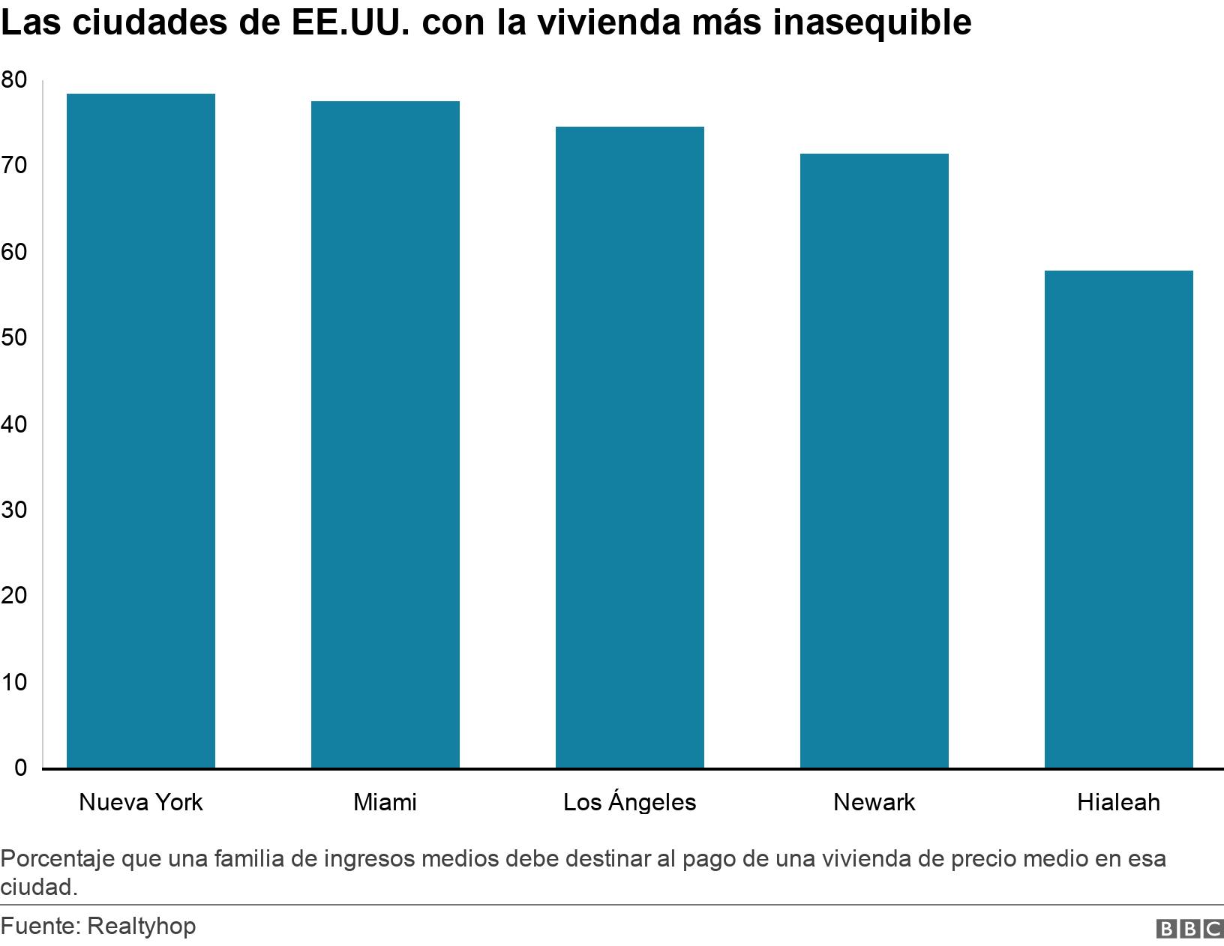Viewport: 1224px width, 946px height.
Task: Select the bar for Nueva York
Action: tap(141, 431)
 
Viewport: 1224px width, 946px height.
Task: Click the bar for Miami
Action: tap(385, 435)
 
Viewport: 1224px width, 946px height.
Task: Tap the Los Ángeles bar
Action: tap(630, 448)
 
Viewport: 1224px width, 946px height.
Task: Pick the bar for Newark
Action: tap(874, 461)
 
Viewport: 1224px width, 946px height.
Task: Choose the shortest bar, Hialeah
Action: tap(1118, 519)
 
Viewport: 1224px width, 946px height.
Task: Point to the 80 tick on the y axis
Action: tap(14, 79)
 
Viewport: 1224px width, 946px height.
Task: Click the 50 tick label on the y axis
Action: tap(14, 338)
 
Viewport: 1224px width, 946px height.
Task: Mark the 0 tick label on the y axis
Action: tap(20, 768)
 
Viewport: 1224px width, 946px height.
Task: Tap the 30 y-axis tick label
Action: tap(14, 510)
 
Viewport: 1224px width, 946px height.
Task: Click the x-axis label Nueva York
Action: tap(141, 803)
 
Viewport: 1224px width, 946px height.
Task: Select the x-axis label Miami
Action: tap(385, 803)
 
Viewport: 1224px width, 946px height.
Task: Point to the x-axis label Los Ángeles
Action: tap(630, 802)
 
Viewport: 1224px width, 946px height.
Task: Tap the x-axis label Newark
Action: tap(874, 803)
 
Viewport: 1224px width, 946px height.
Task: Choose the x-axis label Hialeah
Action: tap(1118, 803)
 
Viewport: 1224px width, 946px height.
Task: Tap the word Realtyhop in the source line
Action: tap(142, 927)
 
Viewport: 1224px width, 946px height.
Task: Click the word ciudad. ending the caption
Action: tap(39, 887)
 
